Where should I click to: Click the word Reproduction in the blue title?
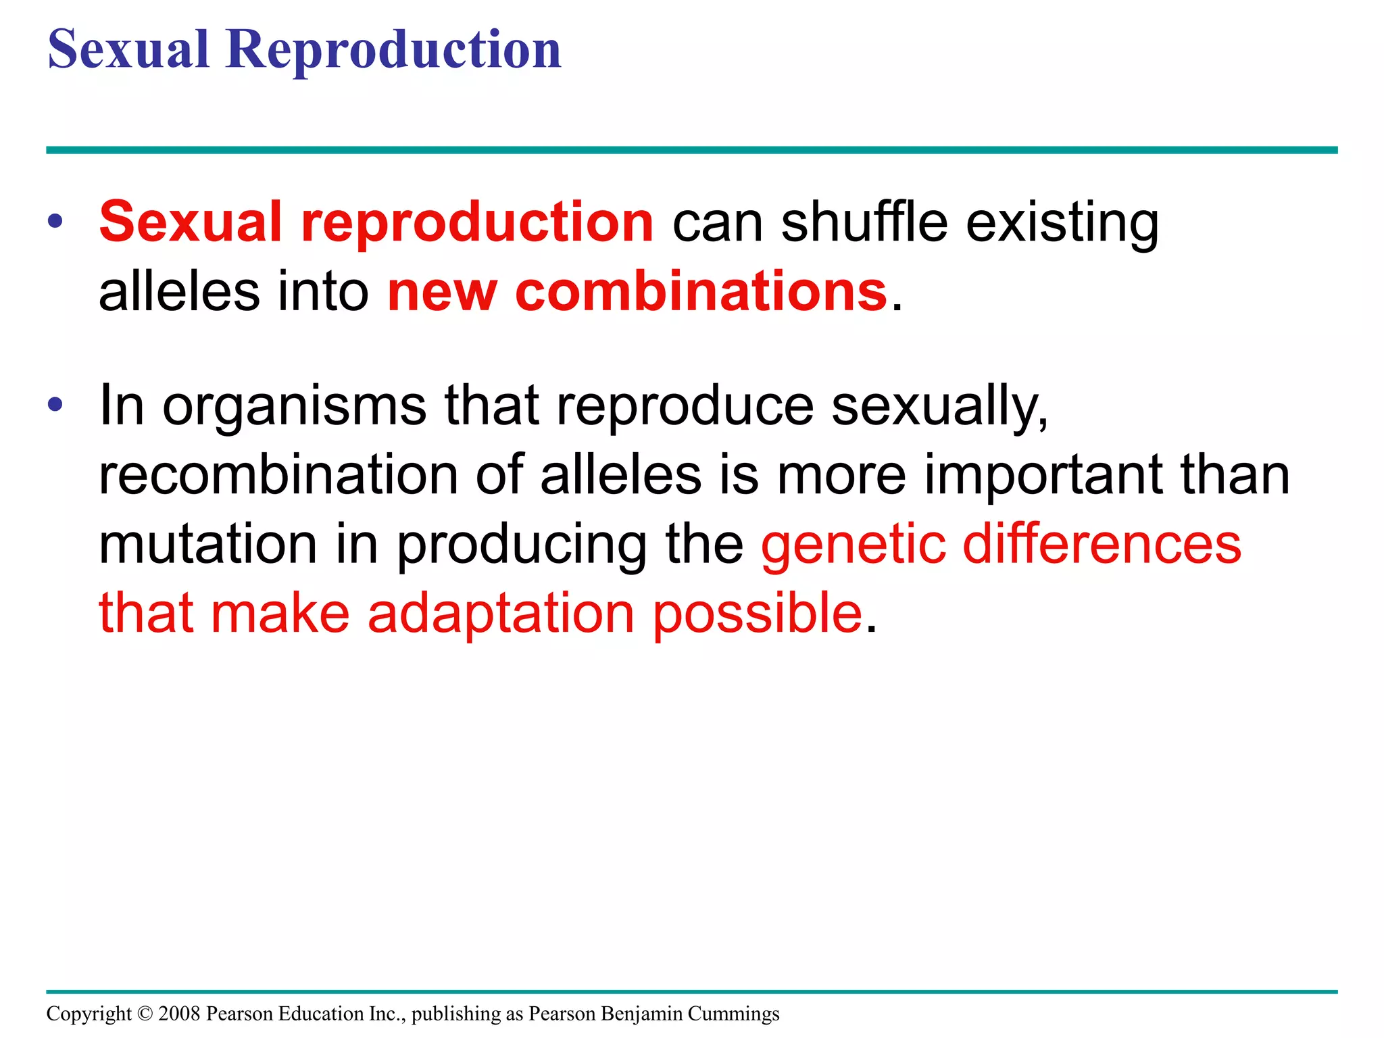[x=393, y=51]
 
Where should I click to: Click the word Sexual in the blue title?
[x=128, y=51]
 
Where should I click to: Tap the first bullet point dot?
[x=55, y=221]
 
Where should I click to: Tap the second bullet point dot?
[x=55, y=405]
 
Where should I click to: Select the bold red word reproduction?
[x=477, y=223]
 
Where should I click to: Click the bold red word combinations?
[x=701, y=291]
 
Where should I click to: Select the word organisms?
[x=295, y=407]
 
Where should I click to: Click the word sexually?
[x=939, y=407]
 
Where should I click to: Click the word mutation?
[x=208, y=545]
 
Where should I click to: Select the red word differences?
[x=1102, y=545]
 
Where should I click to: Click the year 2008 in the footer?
[x=179, y=1014]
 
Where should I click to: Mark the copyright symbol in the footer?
[x=145, y=1014]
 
